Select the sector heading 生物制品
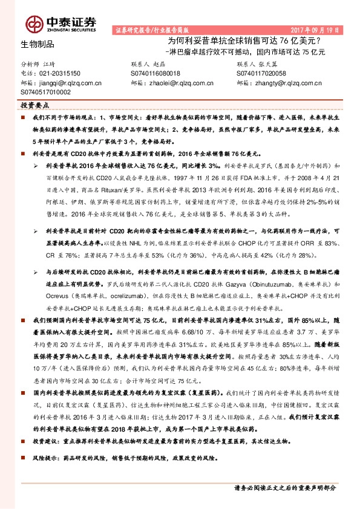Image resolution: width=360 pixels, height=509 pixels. [37, 44]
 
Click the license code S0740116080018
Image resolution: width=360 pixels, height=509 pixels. [155, 73]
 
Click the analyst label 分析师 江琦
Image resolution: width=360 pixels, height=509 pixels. [38, 63]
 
